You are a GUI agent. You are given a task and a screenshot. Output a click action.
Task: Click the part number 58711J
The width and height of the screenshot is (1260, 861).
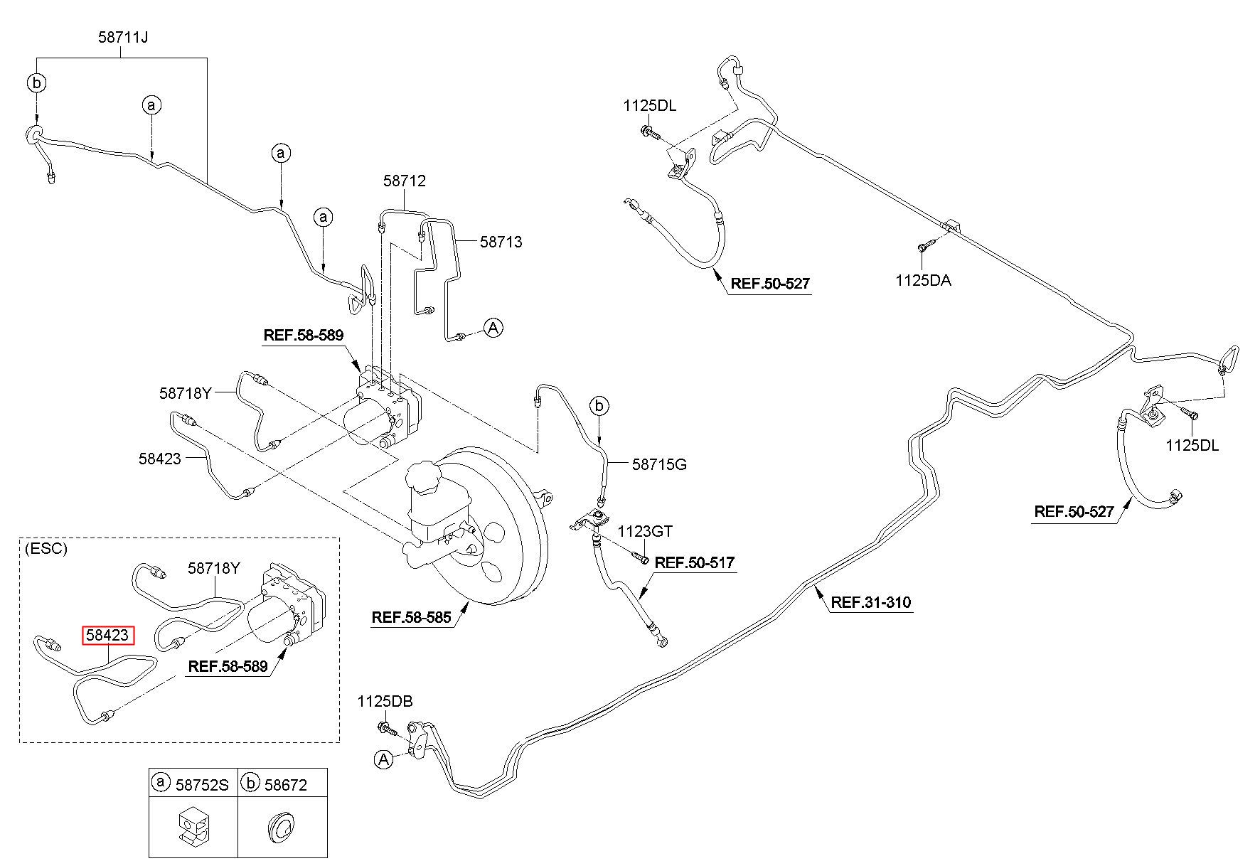tap(123, 36)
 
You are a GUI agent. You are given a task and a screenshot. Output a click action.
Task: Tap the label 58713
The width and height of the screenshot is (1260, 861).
tap(501, 242)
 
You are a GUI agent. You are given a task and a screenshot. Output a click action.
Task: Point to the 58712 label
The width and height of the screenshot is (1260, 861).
tap(405, 181)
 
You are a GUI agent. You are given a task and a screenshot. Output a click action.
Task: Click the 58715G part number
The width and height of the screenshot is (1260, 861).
tap(659, 465)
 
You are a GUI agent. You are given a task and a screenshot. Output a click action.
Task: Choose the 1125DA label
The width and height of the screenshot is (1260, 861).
tap(922, 280)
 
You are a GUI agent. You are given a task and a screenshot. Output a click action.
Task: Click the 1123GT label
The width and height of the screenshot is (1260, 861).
tap(644, 531)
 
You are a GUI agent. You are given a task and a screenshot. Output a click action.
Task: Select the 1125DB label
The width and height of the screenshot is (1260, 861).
tap(385, 702)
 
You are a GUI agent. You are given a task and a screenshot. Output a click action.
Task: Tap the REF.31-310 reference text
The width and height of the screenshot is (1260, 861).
tap(870, 603)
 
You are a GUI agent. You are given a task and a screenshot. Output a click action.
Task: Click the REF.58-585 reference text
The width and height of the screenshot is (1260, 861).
tap(411, 617)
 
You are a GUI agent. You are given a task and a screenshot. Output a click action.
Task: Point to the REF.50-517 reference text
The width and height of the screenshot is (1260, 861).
tap(695, 563)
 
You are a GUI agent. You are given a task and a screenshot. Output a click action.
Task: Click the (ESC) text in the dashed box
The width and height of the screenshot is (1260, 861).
tap(45, 549)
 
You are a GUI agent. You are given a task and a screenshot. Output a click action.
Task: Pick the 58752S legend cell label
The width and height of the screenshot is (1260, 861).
tap(202, 784)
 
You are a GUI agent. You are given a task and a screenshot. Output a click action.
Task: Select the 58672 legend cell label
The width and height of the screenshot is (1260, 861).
tap(286, 784)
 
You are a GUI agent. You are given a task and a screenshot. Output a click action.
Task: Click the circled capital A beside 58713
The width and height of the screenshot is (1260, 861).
tap(493, 328)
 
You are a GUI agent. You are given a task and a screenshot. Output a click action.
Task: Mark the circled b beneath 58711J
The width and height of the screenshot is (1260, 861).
tap(36, 83)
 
